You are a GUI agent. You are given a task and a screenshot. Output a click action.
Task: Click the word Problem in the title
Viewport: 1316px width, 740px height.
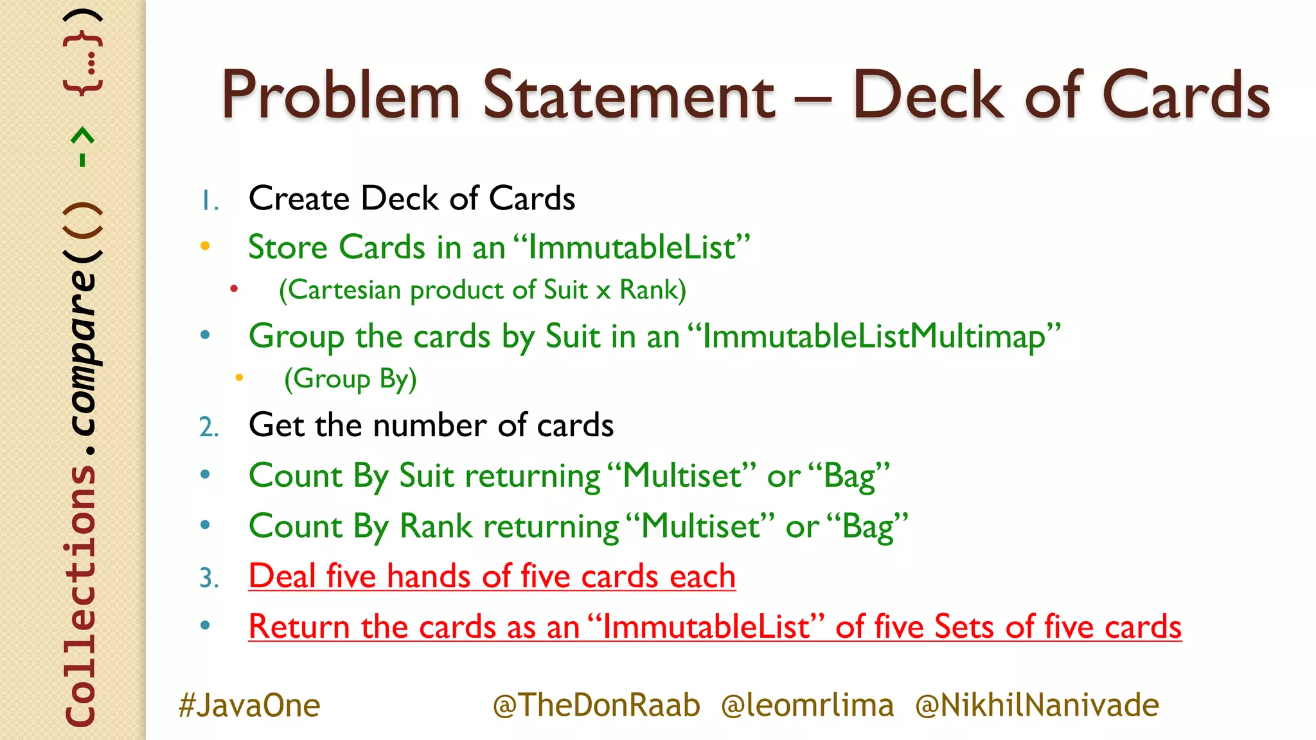click(341, 96)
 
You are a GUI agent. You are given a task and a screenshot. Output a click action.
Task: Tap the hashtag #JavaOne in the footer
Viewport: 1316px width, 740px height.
click(249, 705)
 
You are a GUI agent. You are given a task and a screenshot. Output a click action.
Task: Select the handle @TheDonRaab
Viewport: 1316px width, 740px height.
click(596, 705)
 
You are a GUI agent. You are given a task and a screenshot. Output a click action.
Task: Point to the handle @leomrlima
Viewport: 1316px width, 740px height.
click(807, 705)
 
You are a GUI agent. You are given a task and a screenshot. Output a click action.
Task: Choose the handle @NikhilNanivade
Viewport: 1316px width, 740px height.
click(1037, 705)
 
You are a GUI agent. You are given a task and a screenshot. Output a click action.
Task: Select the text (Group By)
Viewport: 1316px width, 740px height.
click(350, 379)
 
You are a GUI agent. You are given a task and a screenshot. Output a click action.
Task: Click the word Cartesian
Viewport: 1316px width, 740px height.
click(344, 290)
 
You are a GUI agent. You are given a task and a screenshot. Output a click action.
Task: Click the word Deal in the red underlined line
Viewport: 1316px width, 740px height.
click(282, 576)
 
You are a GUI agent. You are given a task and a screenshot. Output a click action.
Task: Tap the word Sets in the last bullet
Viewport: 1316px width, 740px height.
click(965, 627)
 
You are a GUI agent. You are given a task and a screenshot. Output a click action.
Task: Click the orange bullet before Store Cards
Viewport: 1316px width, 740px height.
click(205, 246)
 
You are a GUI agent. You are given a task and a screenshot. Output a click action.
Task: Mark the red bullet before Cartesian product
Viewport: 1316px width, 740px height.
click(235, 289)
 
